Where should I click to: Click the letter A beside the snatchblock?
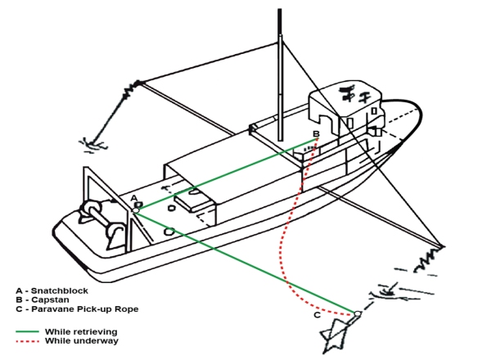[134, 198]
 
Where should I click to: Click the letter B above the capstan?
[316, 133]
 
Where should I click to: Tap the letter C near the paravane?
[317, 315]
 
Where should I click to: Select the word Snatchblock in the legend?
[59, 290]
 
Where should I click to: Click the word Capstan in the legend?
[50, 299]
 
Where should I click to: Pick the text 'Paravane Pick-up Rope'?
[85, 309]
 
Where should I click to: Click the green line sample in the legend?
[27, 331]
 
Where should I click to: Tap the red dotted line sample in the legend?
[27, 341]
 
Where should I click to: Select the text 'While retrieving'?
[81, 331]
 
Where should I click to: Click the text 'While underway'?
[82, 340]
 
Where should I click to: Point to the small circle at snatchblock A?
[136, 210]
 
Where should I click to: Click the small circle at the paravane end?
[358, 313]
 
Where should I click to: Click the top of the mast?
[280, 10]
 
